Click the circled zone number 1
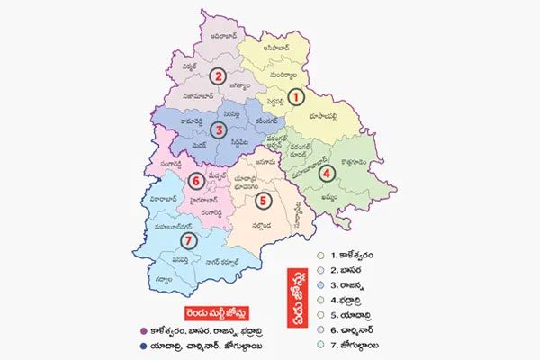pyautogui.click(x=302, y=94)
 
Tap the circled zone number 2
pyautogui.click(x=217, y=76)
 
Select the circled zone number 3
pyautogui.click(x=217, y=130)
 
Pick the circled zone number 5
pyautogui.click(x=262, y=200)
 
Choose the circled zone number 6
pyautogui.click(x=196, y=182)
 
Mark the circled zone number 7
pyautogui.click(x=188, y=240)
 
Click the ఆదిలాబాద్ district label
pyautogui.click(x=222, y=37)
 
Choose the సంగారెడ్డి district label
pyautogui.click(x=166, y=164)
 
